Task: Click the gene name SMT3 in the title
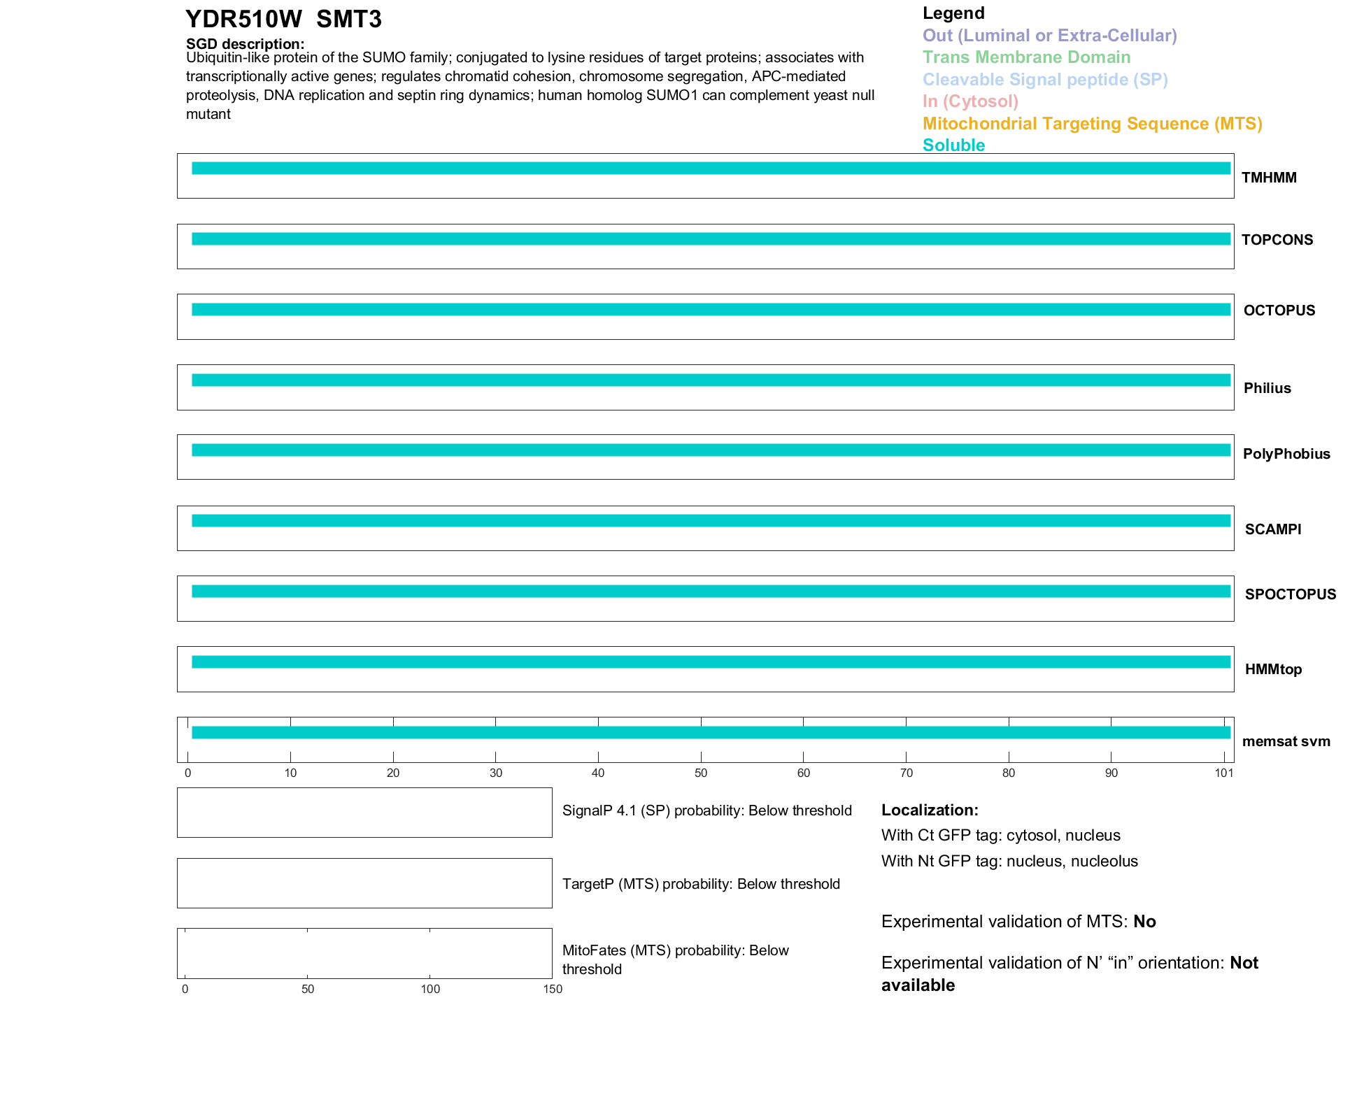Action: pos(348,20)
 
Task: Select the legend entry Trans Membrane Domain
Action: pos(1026,57)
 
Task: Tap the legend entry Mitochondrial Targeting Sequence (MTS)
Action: pos(1092,124)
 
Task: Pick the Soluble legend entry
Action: pos(953,145)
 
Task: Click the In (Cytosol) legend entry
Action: pos(970,101)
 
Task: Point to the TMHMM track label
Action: pos(1268,178)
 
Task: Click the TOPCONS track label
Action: pos(1277,240)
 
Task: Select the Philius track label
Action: pos(1267,388)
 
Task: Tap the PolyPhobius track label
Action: pos(1286,454)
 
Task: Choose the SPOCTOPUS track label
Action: pos(1290,594)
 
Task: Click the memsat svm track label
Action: pos(1286,741)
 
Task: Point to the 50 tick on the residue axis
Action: pos(701,773)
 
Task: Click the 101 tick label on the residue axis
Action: pos(1223,773)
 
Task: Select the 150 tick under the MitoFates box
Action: pos(553,989)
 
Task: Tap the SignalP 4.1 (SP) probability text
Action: pos(706,810)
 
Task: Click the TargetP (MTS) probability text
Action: pos(701,884)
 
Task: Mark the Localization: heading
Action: pos(930,810)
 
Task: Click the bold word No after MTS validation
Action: pos(1144,922)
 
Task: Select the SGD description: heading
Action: pos(245,44)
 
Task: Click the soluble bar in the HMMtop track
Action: pos(711,662)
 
